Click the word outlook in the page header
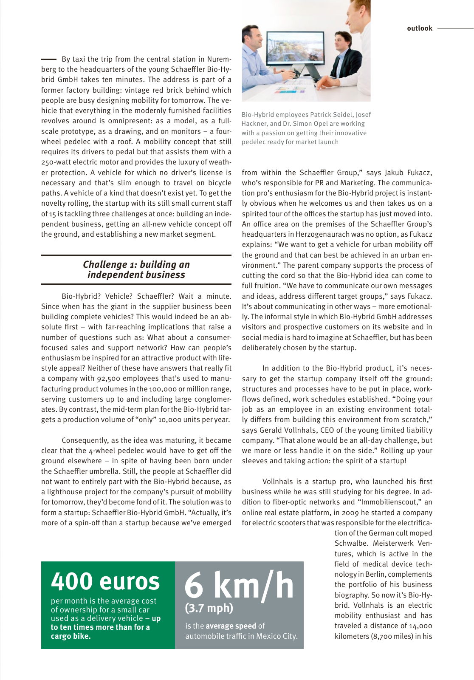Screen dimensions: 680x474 (419, 28)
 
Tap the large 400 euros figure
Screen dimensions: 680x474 (105, 581)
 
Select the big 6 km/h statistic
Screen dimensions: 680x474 (239, 585)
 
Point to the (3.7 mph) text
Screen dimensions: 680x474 (209, 608)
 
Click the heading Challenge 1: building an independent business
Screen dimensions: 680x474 (136, 269)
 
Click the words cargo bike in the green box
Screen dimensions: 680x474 (71, 636)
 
